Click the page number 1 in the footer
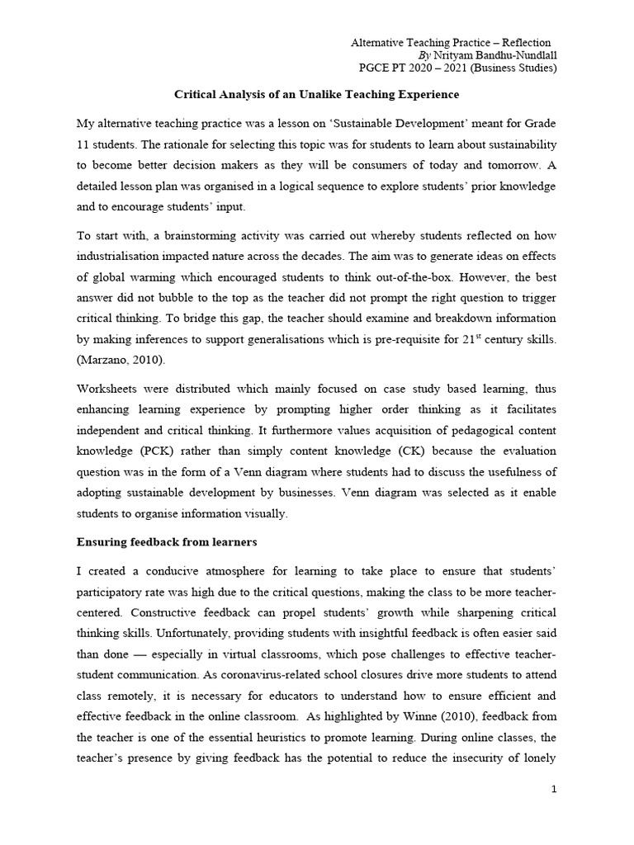[x=555, y=790]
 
